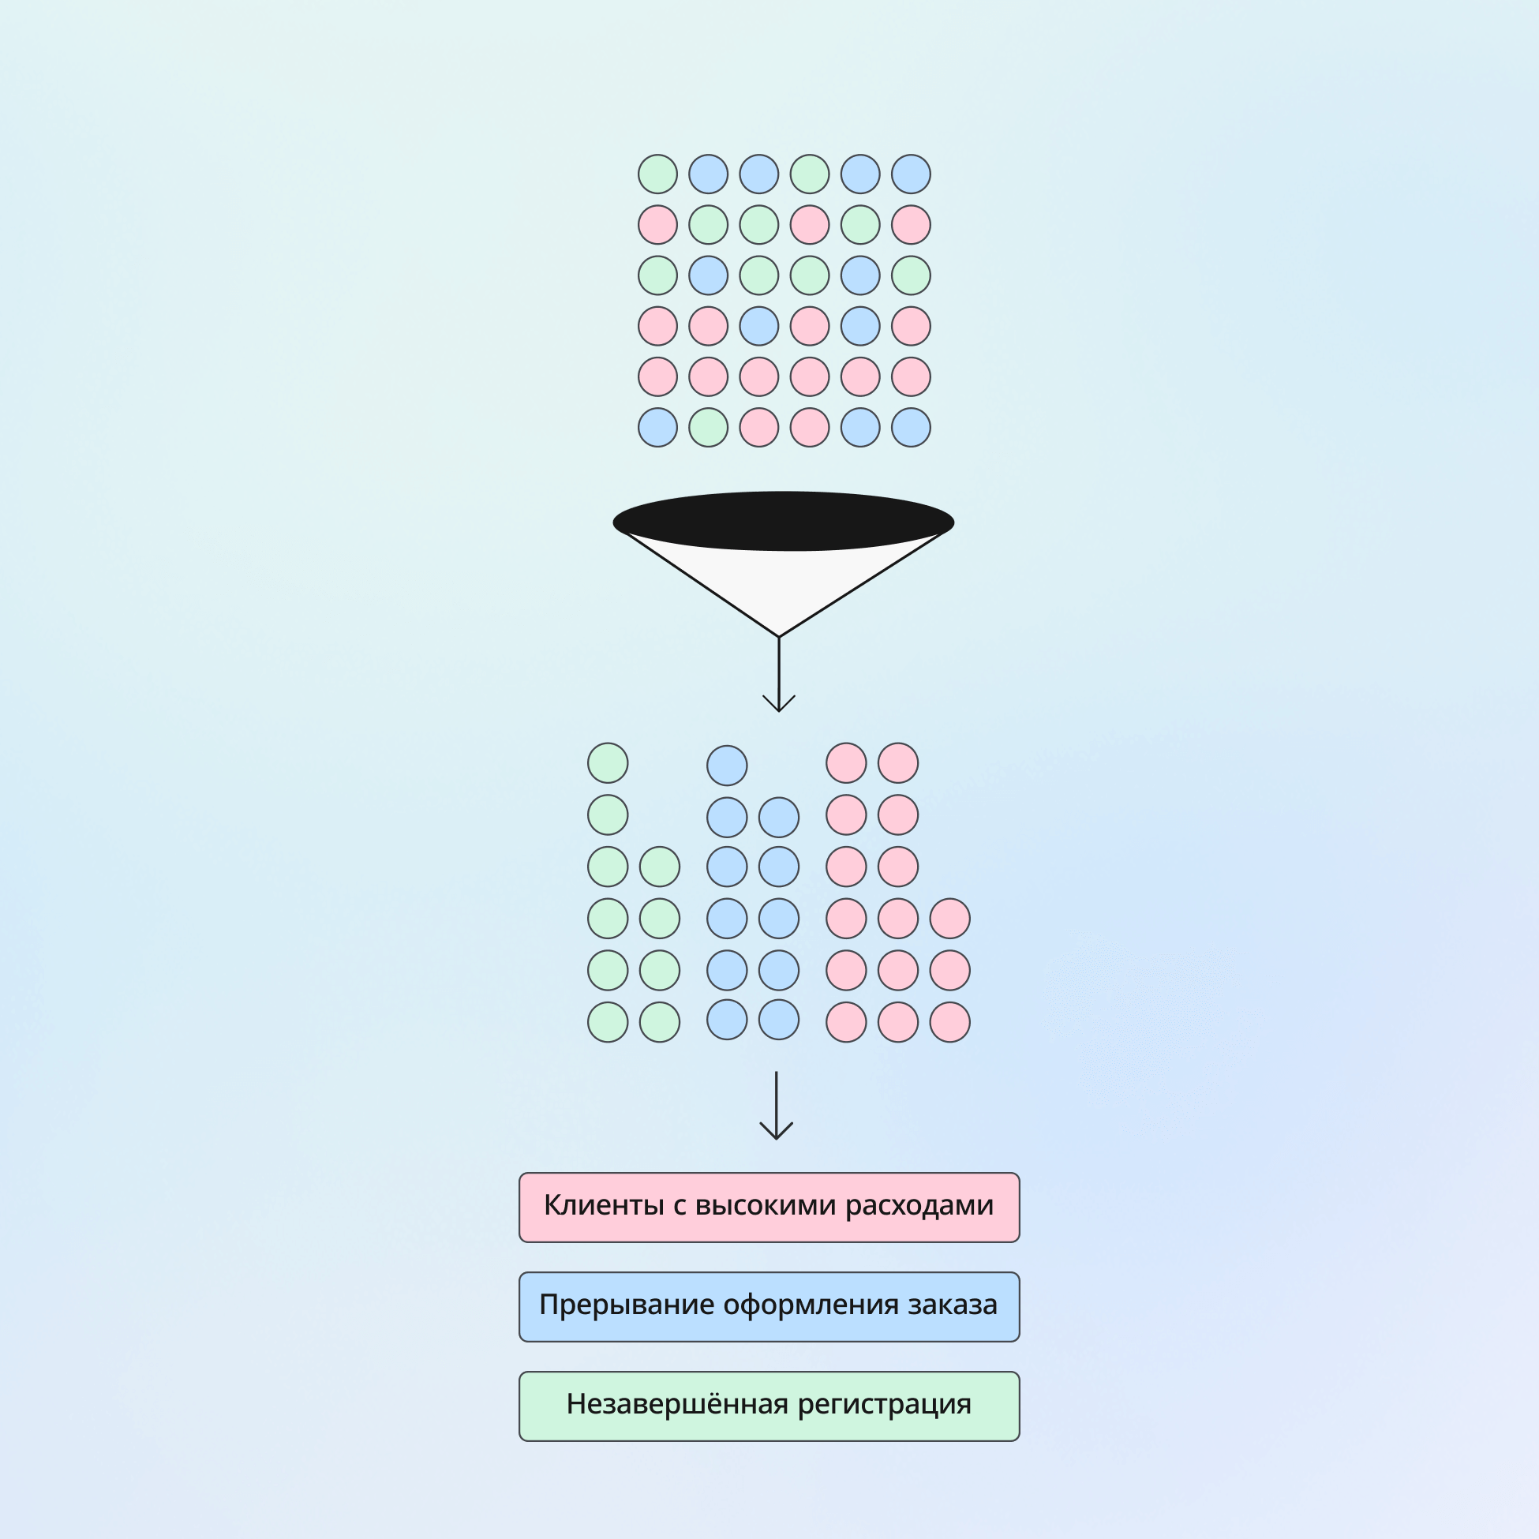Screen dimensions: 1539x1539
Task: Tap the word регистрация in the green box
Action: pos(884,1404)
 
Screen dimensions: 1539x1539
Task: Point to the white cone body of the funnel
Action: pos(781,582)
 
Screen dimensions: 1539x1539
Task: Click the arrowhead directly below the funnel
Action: pos(779,705)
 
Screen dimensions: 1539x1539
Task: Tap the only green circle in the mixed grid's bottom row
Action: pos(708,428)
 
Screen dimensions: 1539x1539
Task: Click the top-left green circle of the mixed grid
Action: pos(658,174)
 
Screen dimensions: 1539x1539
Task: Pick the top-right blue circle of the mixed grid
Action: pos(911,174)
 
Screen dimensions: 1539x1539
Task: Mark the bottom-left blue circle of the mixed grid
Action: pos(658,428)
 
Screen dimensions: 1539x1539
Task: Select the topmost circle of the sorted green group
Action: pos(608,763)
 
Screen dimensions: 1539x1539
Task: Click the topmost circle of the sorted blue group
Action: pos(728,766)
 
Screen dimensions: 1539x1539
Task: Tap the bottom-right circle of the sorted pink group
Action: pos(949,1022)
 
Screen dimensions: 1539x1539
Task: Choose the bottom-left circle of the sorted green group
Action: pos(608,1022)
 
